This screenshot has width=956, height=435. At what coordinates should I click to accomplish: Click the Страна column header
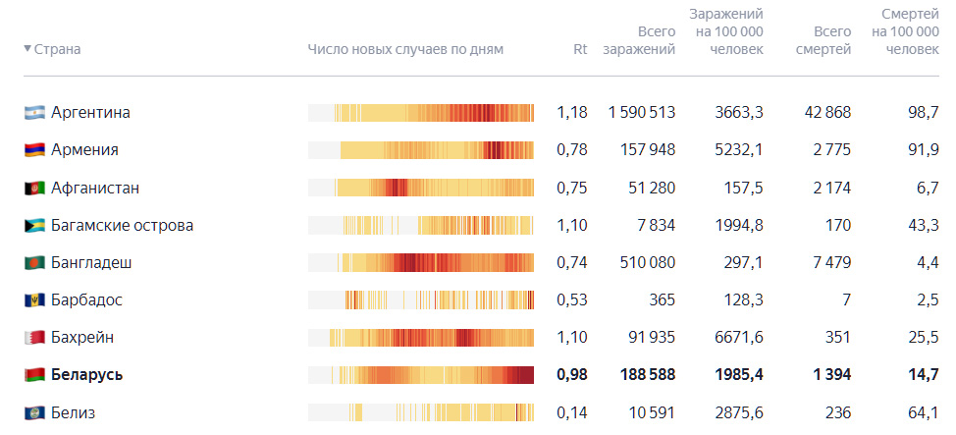[57, 49]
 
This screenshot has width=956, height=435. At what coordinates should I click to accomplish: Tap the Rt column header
[580, 49]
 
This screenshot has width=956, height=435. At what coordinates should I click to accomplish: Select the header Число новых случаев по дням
[405, 49]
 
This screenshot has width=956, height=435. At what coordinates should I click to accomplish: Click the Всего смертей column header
[823, 40]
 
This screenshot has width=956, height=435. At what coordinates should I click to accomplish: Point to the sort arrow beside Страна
[27, 48]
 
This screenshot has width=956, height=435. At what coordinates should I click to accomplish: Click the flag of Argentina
[34, 113]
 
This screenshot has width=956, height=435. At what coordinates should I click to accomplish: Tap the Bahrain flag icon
[34, 338]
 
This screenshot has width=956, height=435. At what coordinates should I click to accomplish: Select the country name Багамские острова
[122, 226]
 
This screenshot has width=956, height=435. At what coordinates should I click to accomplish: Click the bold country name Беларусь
[86, 375]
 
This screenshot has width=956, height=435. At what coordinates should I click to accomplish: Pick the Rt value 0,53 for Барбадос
[572, 300]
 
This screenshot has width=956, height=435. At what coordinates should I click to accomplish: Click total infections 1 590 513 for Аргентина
[642, 113]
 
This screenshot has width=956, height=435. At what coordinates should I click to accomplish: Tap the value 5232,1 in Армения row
[738, 150]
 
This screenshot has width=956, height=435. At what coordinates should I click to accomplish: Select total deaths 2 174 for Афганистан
[831, 188]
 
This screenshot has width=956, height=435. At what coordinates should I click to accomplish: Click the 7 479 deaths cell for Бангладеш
[831, 263]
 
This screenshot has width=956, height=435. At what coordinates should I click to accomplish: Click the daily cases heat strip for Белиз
[421, 412]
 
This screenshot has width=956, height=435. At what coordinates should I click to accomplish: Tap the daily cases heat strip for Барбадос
[421, 300]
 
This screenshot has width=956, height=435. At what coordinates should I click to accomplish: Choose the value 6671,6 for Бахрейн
[738, 338]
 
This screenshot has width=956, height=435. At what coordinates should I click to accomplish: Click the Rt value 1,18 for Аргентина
[572, 113]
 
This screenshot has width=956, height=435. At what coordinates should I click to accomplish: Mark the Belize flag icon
[34, 413]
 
